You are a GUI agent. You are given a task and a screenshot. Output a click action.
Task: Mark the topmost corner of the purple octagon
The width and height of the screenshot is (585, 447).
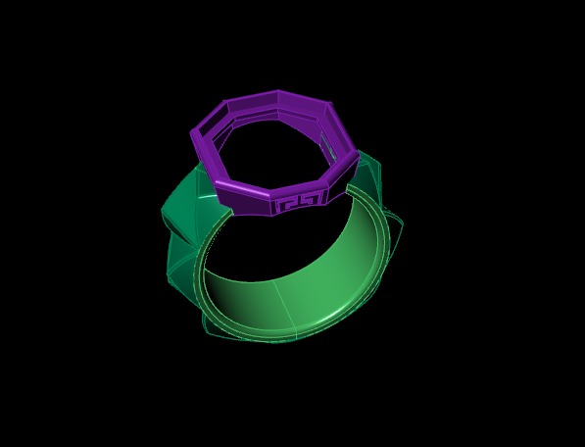(278, 92)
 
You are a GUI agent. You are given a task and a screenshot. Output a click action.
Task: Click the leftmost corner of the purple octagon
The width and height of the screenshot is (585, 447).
(191, 133)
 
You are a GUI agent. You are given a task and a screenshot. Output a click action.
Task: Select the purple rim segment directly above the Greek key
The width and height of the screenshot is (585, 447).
(299, 186)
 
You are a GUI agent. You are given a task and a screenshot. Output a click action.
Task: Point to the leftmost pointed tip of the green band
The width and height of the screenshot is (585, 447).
(163, 210)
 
